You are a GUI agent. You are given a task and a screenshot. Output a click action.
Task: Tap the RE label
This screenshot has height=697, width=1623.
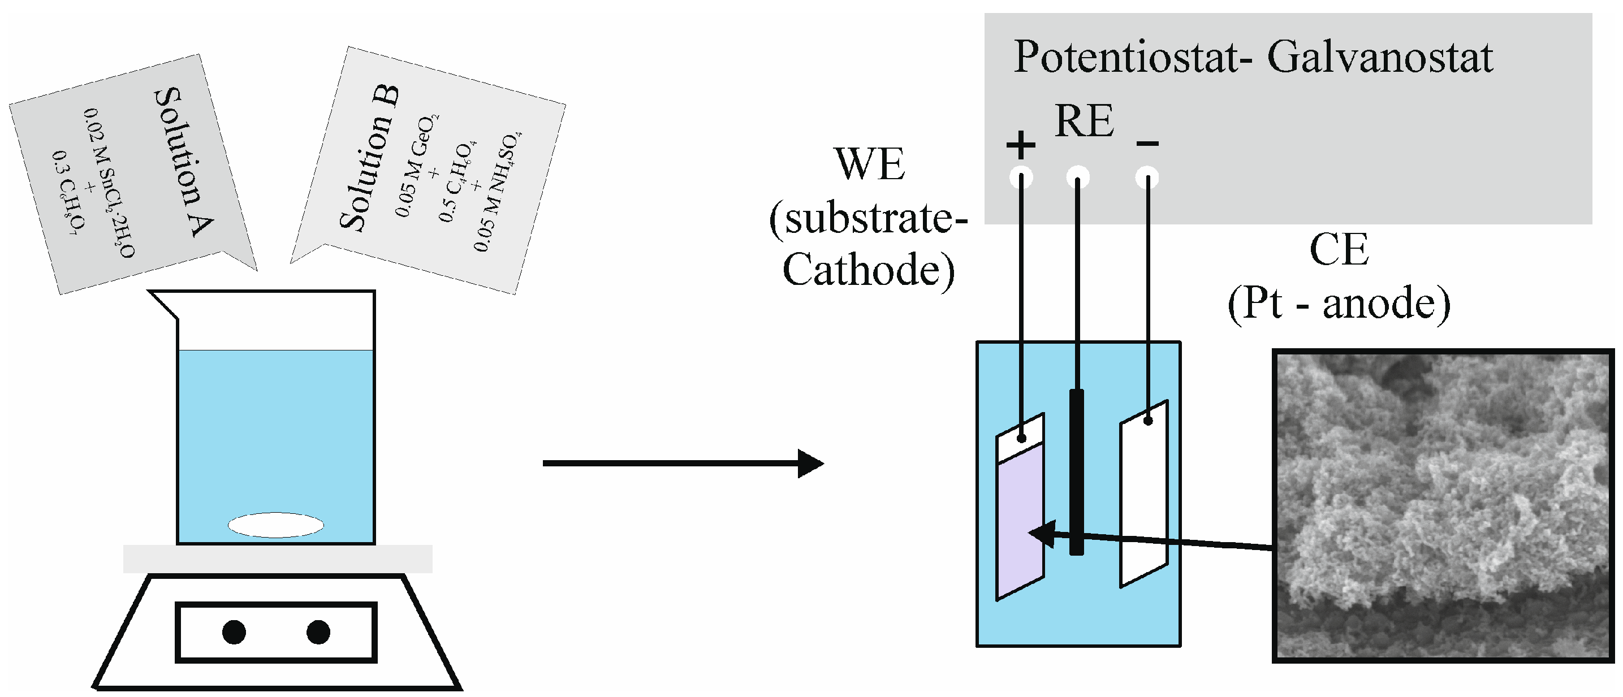(1084, 121)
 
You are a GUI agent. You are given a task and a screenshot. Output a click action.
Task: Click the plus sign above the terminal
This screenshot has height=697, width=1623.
(1021, 145)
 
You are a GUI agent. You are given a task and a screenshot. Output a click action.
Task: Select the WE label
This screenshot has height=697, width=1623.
(870, 165)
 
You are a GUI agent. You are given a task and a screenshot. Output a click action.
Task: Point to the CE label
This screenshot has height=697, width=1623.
(1339, 250)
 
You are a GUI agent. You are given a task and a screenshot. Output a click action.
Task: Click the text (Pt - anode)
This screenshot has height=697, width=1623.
(1339, 304)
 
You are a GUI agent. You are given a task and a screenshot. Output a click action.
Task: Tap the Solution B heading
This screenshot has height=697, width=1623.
(369, 157)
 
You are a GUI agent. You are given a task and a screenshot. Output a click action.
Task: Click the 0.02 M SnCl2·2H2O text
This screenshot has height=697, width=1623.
(109, 183)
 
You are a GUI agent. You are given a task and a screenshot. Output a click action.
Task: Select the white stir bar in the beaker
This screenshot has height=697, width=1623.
(276, 525)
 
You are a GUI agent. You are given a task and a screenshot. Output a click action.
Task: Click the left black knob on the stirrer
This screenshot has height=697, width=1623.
(234, 632)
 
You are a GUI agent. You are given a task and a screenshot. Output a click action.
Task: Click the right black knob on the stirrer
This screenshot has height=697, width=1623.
(318, 632)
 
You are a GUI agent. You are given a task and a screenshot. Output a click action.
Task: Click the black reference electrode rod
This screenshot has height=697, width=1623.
(1077, 472)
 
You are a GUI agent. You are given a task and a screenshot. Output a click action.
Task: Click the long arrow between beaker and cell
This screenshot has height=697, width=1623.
(680, 464)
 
